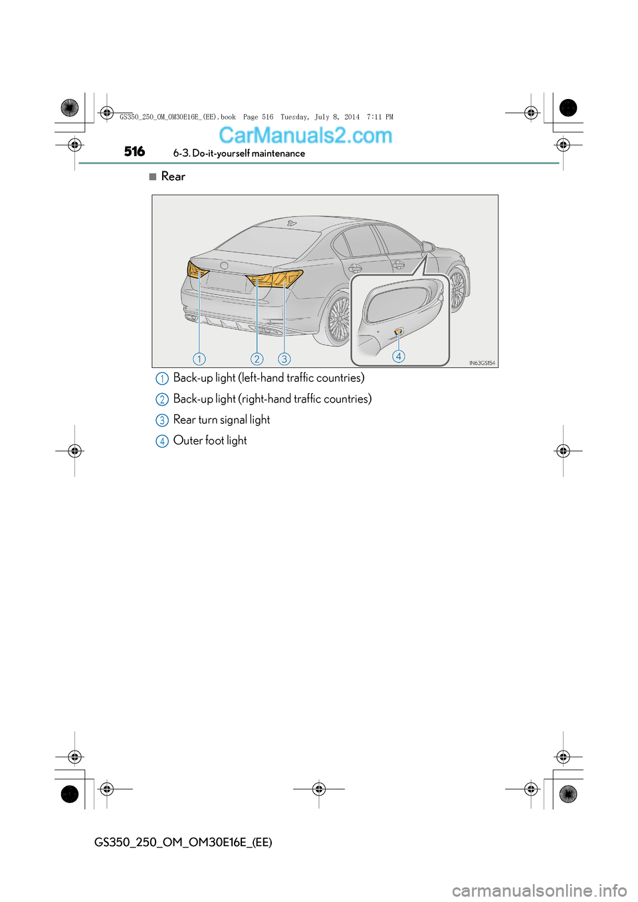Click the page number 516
(x=134, y=151)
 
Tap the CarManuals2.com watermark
(x=305, y=135)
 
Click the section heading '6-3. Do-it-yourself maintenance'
(x=239, y=153)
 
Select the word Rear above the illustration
(x=173, y=177)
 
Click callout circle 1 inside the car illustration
(x=199, y=359)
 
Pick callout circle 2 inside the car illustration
(x=257, y=359)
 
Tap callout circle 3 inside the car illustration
(x=284, y=359)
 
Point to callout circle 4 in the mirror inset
(x=399, y=357)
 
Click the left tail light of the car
(x=197, y=270)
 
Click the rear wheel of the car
(x=338, y=319)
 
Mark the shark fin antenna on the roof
(x=291, y=223)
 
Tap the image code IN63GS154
(x=482, y=363)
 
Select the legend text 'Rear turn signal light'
(x=221, y=420)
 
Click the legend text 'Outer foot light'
(x=210, y=441)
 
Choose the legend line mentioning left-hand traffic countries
(x=268, y=378)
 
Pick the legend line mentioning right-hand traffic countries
(x=272, y=399)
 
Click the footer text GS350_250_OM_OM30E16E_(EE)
(x=183, y=842)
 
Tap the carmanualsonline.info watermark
(x=539, y=890)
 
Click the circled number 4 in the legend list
(x=162, y=442)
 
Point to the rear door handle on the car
(x=356, y=268)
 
